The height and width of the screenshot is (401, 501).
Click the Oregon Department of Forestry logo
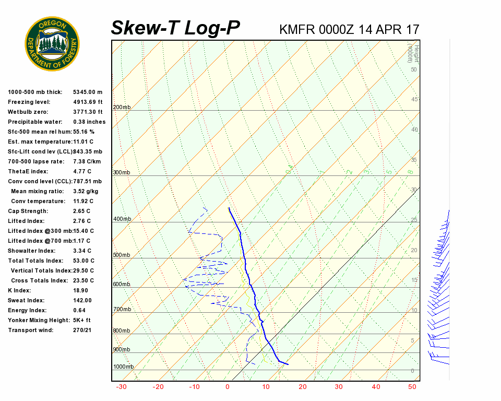tap(52, 43)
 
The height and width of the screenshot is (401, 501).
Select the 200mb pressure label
tap(122, 108)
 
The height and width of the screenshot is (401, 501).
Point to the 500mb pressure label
tap(122, 255)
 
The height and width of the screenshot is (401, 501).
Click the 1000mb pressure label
tap(123, 367)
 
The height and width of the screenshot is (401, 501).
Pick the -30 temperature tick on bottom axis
tap(121, 387)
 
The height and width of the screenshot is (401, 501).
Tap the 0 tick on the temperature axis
tap(228, 387)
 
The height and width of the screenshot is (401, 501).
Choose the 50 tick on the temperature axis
tap(412, 387)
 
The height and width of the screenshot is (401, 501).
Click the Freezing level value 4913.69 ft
tap(88, 102)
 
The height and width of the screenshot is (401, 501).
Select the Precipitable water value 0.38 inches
tap(89, 122)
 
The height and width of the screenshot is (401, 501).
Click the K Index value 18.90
tap(80, 290)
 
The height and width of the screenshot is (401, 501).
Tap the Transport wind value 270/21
tap(82, 330)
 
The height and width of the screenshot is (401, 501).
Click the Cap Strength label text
tap(28, 211)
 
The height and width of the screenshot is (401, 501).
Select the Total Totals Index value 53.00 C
tap(83, 261)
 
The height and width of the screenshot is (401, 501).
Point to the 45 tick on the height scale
tap(414, 99)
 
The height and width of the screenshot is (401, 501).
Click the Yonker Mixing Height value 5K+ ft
tap(82, 320)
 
